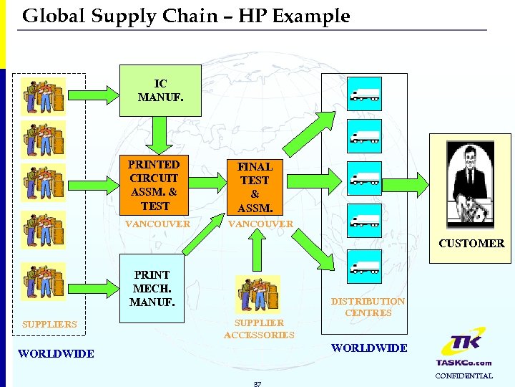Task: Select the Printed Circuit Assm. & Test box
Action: click(154, 185)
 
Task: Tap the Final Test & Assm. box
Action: click(255, 186)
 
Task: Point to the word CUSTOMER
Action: click(471, 244)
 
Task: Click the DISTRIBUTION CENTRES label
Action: click(368, 307)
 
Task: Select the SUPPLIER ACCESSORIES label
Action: click(259, 329)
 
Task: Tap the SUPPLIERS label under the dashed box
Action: click(49, 325)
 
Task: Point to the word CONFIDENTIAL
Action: click(464, 376)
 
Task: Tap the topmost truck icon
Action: click(364, 93)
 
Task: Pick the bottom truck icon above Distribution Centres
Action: click(364, 267)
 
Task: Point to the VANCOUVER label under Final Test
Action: click(260, 224)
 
